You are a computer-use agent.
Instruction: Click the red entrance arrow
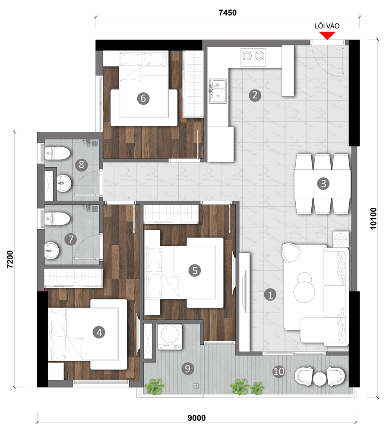coord(327,35)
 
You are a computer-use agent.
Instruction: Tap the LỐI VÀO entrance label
coord(327,26)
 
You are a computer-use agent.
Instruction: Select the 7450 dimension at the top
coord(228,13)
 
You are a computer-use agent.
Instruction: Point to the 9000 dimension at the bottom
coord(196,418)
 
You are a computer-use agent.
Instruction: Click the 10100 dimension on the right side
coord(373,219)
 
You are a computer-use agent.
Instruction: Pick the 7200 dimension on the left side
coord(10,259)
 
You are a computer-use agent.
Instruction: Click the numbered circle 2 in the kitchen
coord(255,95)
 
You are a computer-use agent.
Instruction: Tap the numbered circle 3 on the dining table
coord(323,184)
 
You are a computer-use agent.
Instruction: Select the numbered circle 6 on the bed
coord(143,98)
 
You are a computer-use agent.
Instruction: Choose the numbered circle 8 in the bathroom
coord(81,165)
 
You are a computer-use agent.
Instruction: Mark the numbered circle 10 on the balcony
coord(278,372)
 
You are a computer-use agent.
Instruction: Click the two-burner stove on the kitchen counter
coord(253,57)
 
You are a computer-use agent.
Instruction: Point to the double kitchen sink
coord(218,91)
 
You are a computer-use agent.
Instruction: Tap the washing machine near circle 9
coord(170,337)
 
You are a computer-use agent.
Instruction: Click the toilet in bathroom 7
coord(57,219)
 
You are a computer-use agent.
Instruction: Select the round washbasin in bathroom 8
coord(64,183)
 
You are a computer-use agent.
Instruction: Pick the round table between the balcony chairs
coord(320,379)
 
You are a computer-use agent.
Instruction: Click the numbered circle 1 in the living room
coord(270,295)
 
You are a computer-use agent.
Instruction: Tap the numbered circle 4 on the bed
coord(99,332)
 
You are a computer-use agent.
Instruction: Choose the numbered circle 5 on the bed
coord(195,270)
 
